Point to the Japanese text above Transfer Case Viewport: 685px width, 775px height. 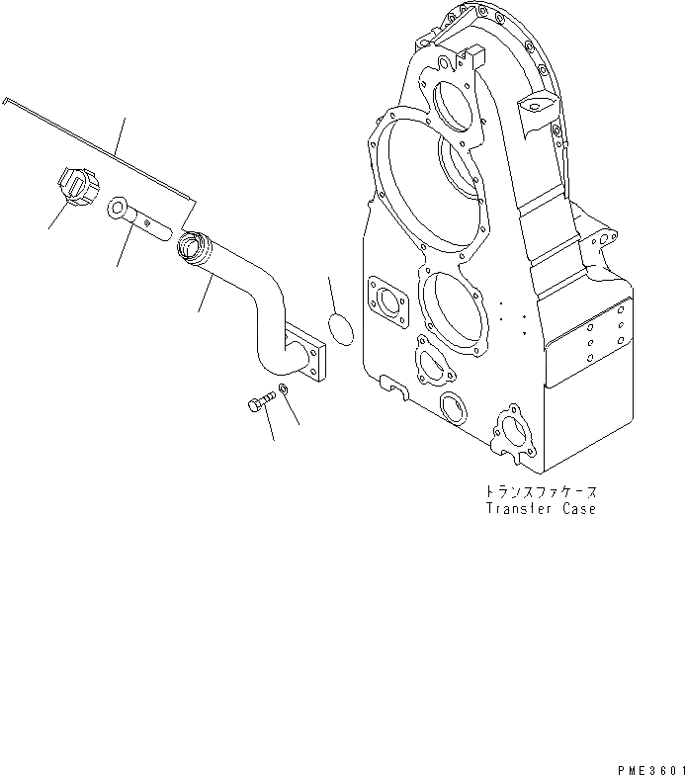[x=542, y=491]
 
